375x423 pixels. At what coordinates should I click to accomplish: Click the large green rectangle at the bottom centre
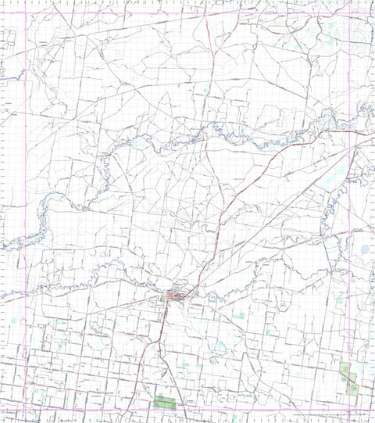point(165,403)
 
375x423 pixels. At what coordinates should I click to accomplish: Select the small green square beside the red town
point(162,299)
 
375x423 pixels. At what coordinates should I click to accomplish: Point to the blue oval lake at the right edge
point(366,250)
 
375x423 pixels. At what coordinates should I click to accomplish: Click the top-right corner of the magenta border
point(348,13)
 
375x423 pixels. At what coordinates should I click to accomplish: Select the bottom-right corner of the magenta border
point(348,410)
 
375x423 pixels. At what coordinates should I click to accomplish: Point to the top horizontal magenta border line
point(187,13)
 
